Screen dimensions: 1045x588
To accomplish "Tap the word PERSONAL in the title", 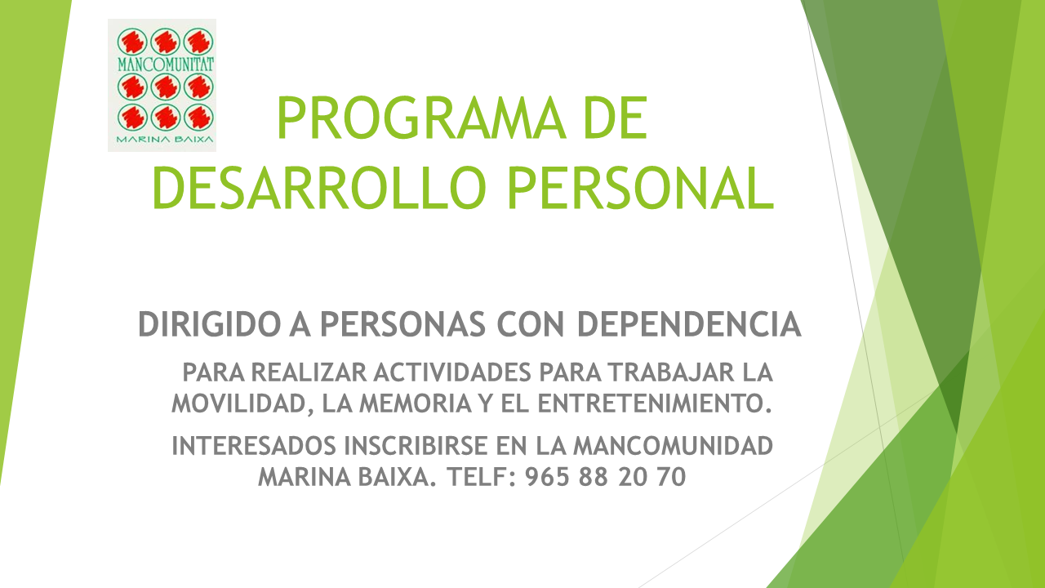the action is click(641, 188).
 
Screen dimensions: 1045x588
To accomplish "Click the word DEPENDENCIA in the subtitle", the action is click(689, 324).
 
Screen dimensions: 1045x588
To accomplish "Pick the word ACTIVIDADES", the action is click(452, 372).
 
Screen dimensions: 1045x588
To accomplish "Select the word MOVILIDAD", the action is click(238, 404).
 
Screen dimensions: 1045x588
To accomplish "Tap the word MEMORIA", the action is click(416, 403).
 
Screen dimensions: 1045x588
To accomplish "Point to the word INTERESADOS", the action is click(254, 446).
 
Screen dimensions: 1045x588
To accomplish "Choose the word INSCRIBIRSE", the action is click(416, 446).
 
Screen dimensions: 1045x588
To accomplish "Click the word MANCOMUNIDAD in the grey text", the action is click(674, 446).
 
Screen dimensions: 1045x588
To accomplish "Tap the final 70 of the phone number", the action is click(671, 477).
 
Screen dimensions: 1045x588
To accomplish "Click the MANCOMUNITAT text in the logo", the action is click(166, 65).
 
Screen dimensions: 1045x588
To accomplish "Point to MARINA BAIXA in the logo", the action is click(165, 139).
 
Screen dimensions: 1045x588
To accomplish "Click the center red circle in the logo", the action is click(166, 87).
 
